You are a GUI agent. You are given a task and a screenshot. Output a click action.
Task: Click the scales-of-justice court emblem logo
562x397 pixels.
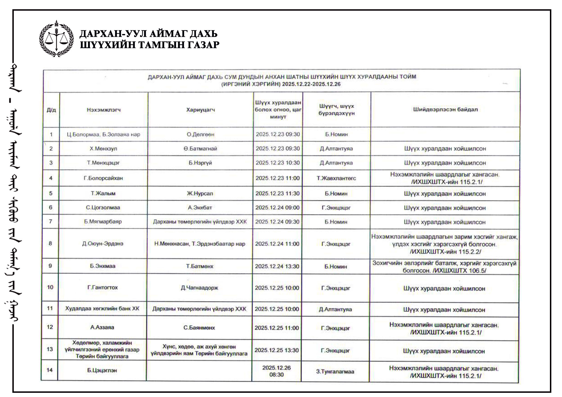(x=56, y=39)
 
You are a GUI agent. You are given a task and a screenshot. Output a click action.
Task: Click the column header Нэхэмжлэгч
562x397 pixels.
(x=104, y=110)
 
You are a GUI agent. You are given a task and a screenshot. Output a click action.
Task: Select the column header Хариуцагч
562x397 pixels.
(x=200, y=110)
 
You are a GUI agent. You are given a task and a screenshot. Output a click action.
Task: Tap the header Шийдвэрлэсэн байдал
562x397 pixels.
(x=445, y=109)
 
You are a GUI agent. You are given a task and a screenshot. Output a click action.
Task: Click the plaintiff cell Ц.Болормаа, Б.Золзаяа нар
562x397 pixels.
(x=103, y=134)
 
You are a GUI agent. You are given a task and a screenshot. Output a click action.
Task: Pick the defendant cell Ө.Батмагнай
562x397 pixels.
(x=200, y=149)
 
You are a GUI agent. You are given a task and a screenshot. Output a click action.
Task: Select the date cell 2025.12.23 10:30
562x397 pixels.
(x=278, y=163)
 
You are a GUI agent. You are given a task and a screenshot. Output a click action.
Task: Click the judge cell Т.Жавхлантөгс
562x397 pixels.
(x=336, y=178)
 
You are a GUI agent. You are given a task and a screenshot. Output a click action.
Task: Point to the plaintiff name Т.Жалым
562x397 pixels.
(x=103, y=193)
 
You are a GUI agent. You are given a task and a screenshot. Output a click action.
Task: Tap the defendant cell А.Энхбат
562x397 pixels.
(x=200, y=207)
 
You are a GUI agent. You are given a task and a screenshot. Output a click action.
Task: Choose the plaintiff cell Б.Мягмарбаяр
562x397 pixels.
(x=103, y=222)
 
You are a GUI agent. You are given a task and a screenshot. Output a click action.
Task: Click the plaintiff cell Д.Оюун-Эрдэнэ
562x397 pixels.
(x=103, y=244)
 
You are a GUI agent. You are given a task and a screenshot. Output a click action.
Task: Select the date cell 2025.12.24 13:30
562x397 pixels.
(x=277, y=266)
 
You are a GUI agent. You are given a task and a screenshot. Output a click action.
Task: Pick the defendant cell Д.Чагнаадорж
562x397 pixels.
(x=200, y=288)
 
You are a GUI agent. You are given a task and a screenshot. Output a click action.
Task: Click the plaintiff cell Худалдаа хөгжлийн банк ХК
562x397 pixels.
(x=102, y=309)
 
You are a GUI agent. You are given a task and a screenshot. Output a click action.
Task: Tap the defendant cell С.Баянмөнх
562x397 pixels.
(x=199, y=328)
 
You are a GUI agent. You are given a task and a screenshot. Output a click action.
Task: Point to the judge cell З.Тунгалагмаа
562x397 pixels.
(x=335, y=371)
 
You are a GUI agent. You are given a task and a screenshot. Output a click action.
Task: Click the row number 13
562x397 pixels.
(x=50, y=349)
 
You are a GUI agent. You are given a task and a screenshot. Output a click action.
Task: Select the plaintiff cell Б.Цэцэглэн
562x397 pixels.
(x=102, y=371)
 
